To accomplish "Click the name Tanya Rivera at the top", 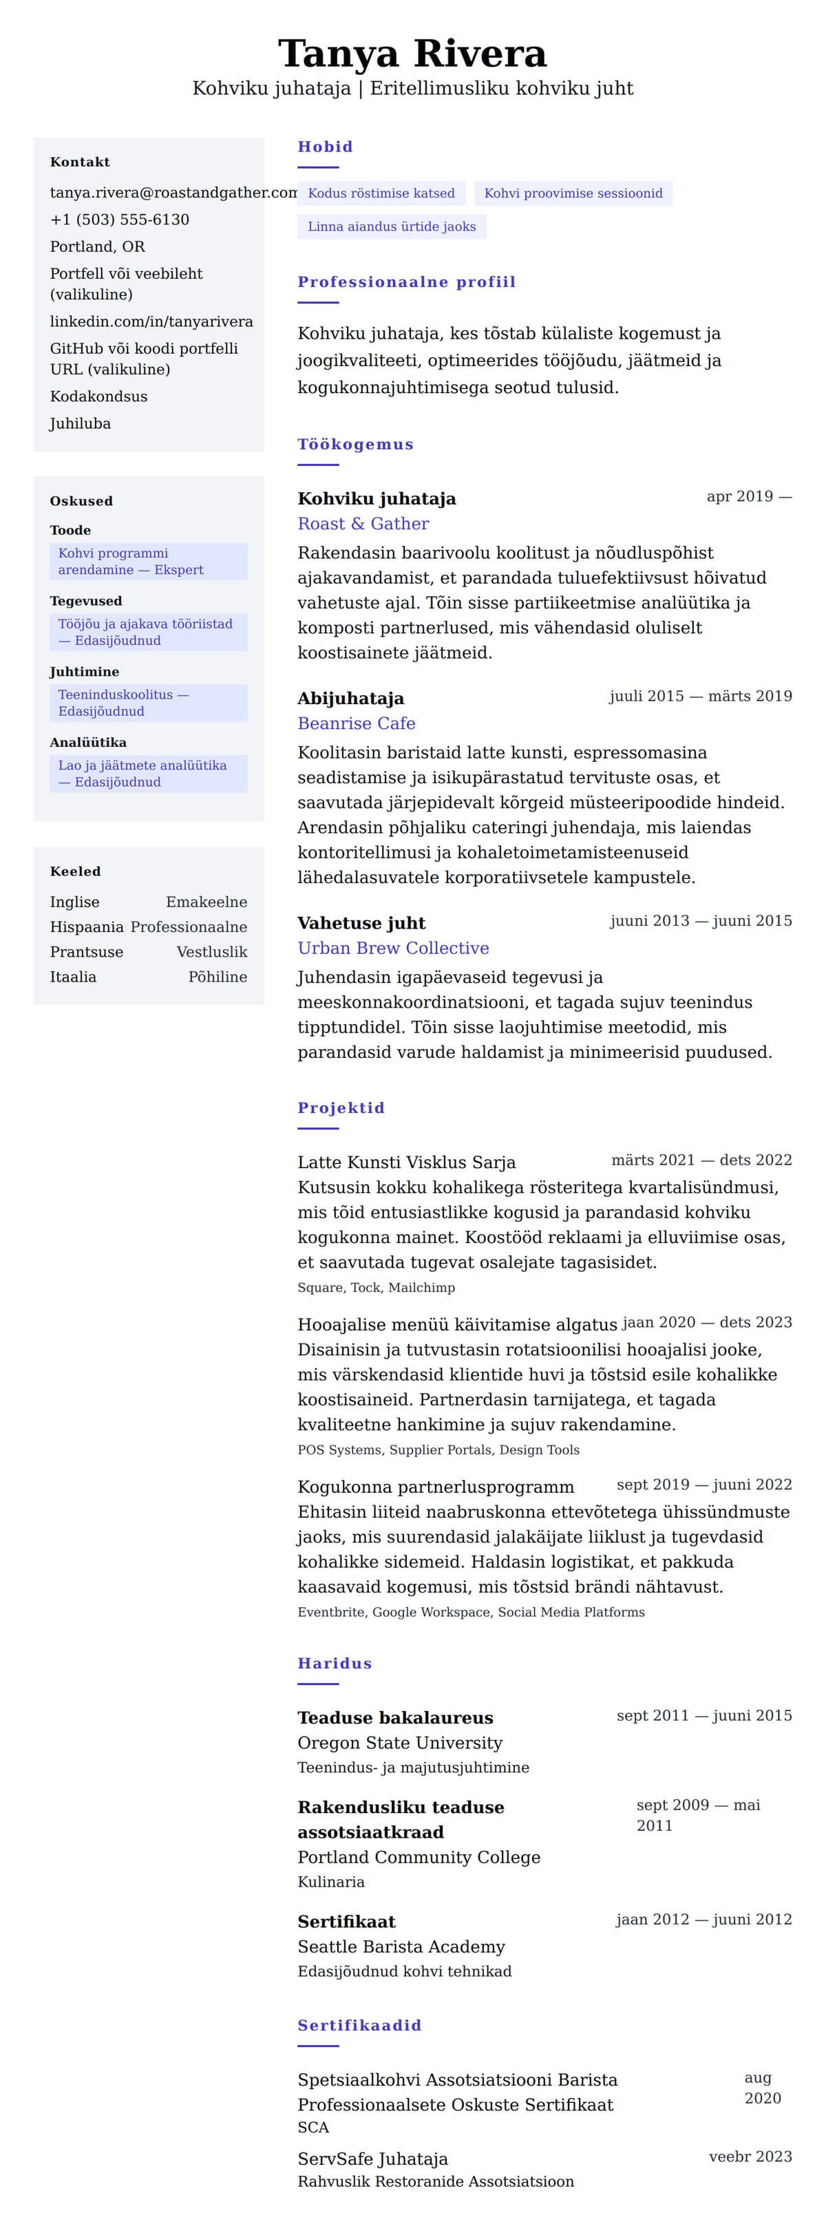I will click(x=412, y=54).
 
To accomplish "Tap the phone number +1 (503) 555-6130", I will click(x=119, y=220).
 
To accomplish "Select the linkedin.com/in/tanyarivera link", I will click(x=151, y=321).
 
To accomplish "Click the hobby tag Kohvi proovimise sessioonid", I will click(x=573, y=193).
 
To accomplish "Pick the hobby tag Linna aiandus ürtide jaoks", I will click(x=392, y=226).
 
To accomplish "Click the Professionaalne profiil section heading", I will click(x=406, y=282).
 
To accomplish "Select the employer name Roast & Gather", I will click(x=363, y=524).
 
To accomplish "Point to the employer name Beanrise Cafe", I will click(x=356, y=723).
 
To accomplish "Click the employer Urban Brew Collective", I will click(x=393, y=948).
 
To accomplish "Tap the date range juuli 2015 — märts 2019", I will click(x=700, y=697).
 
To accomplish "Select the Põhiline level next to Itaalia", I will click(x=218, y=977).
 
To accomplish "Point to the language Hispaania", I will click(x=87, y=926).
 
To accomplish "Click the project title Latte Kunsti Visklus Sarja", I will click(x=406, y=1163).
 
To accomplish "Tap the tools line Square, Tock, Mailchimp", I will click(x=376, y=1288).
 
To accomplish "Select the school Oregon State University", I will click(x=399, y=1743).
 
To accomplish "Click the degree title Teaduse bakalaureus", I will click(x=395, y=1718).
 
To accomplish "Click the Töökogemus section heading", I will click(x=355, y=444).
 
